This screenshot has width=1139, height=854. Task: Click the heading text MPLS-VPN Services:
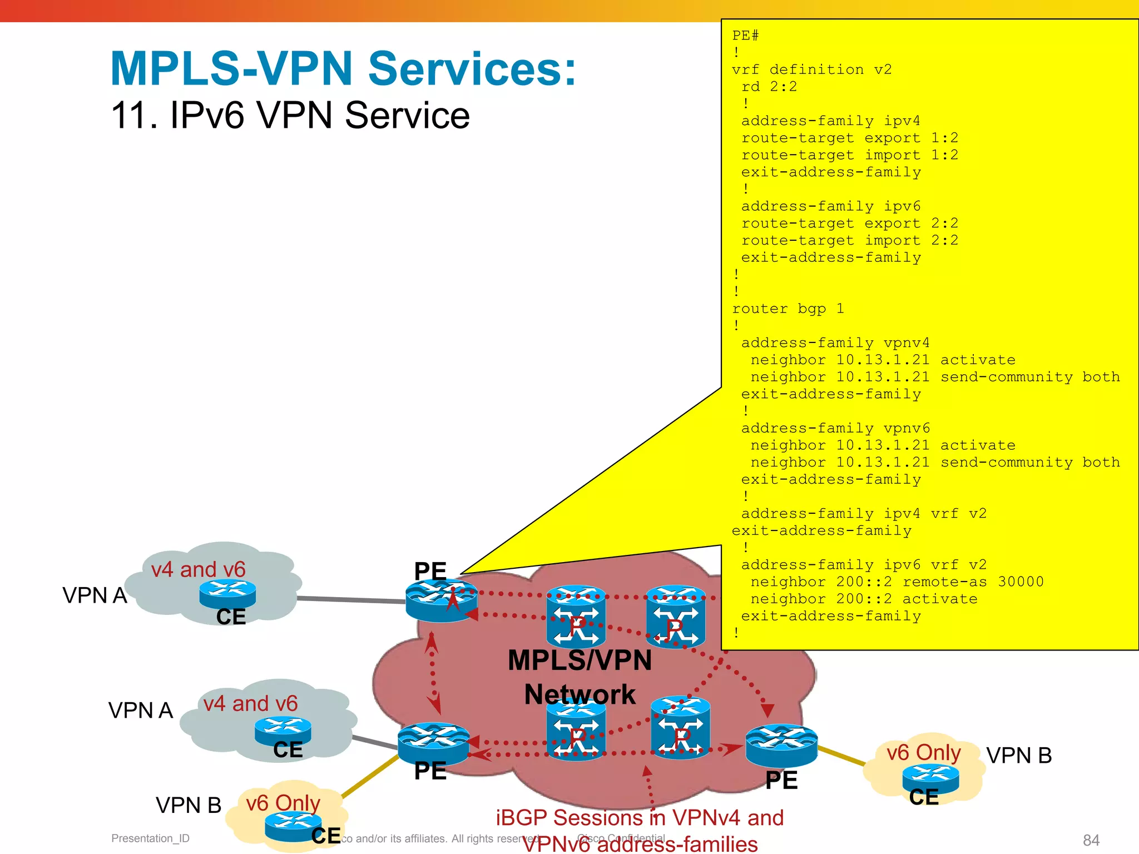tap(343, 68)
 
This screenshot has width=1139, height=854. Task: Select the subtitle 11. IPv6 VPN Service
tap(290, 115)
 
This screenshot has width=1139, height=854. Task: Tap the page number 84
tap(1091, 840)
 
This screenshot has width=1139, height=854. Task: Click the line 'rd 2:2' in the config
tap(769, 87)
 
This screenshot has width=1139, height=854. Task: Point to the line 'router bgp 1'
tap(788, 309)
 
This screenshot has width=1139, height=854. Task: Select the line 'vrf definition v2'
tap(811, 69)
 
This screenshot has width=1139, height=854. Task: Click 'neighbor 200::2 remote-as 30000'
tap(897, 582)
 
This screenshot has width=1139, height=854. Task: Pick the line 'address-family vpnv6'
tap(835, 428)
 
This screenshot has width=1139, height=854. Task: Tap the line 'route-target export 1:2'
tap(849, 138)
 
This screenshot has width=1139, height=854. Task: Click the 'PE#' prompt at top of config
tap(745, 36)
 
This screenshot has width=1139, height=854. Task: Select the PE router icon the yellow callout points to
tap(441, 600)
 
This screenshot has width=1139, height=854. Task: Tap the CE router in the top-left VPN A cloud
tap(227, 594)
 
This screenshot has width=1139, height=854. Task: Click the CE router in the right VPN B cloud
tap(930, 779)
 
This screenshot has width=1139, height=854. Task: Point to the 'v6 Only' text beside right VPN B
tap(923, 753)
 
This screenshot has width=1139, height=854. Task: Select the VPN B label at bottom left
tap(188, 805)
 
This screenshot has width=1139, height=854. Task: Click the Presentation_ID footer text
tap(150, 838)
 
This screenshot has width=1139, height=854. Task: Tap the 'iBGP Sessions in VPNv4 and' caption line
tap(640, 818)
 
